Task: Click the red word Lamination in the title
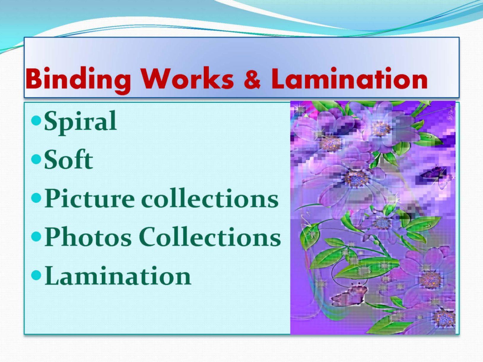349,78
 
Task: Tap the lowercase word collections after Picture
210,198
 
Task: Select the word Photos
88,236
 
